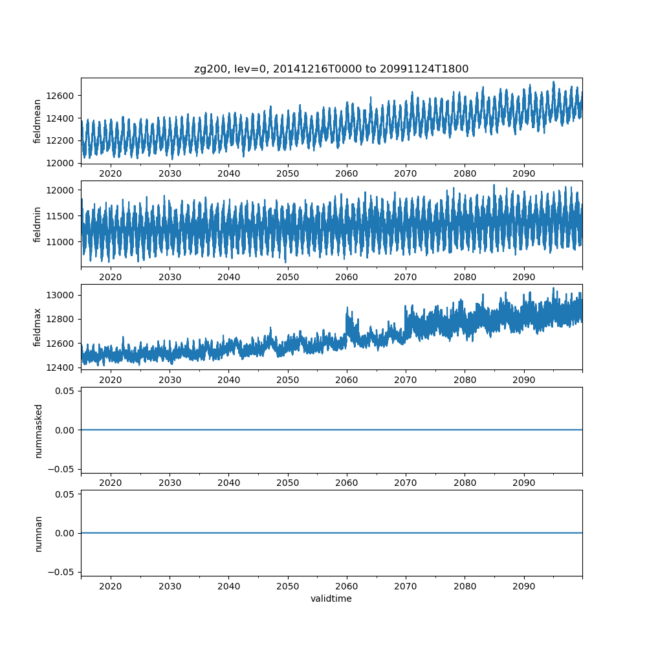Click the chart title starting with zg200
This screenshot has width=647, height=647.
coord(331,69)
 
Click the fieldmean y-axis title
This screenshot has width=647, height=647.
coord(38,121)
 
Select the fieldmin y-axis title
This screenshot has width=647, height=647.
coord(38,225)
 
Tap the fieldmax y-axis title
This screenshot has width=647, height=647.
coord(38,327)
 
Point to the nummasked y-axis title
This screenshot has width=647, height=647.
coord(38,430)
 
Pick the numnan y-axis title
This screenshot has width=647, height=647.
coord(38,533)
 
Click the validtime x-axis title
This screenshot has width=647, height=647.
coord(331,599)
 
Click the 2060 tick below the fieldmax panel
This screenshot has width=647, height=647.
coord(347,380)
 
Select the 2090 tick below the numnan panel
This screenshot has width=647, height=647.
coord(523,586)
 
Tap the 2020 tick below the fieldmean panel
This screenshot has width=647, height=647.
coord(111,173)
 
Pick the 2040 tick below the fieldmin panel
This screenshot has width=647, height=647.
coord(228,277)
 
